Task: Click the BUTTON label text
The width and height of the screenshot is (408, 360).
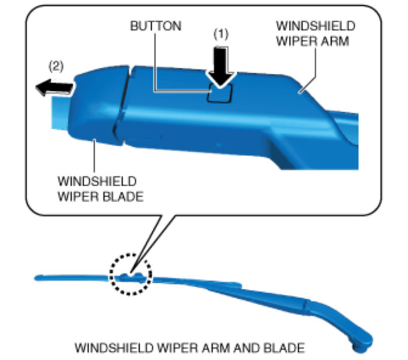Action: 156,26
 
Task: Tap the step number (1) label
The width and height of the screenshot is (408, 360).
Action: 221,34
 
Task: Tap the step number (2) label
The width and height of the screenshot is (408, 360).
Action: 55,66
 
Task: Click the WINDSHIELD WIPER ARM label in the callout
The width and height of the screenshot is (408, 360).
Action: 315,34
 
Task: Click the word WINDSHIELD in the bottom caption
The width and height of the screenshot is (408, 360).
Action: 111,348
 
